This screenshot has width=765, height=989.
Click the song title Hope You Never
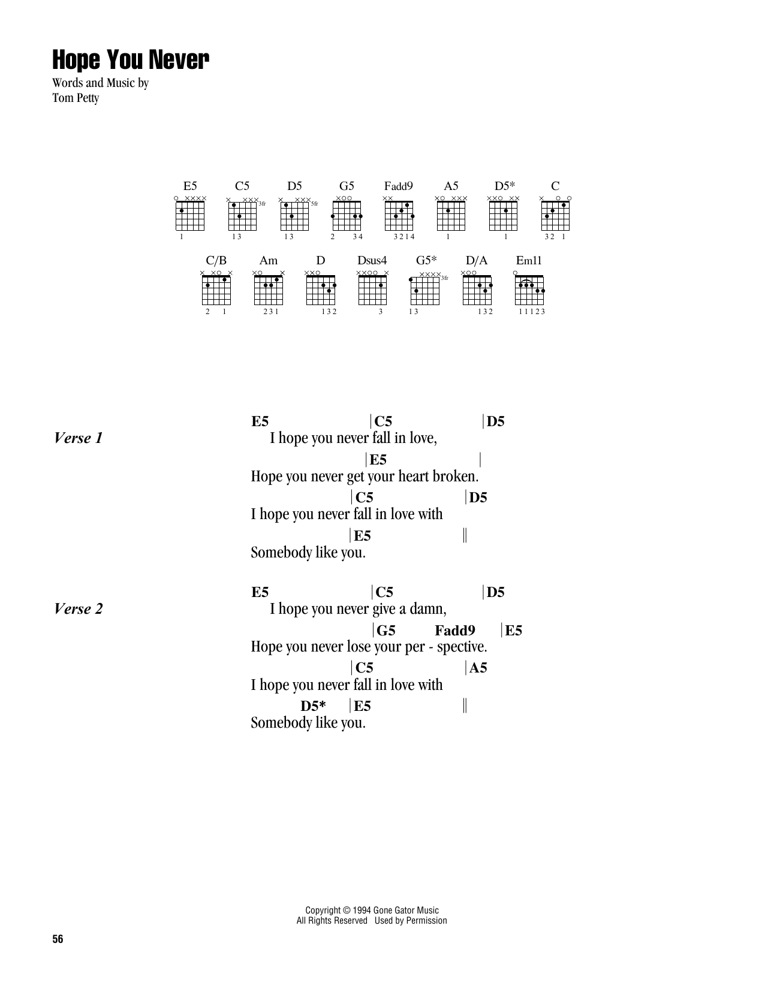[131, 61]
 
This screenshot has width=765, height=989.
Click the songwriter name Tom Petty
[76, 98]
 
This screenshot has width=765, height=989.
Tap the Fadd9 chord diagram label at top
[398, 186]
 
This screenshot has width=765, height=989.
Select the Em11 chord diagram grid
[529, 290]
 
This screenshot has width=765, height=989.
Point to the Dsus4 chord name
[372, 261]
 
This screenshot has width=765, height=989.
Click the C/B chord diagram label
[216, 261]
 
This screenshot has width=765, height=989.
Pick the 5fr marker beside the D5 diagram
[314, 204]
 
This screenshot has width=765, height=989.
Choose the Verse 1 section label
[78, 438]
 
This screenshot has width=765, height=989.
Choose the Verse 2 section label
[78, 609]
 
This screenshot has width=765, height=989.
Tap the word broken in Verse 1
[459, 477]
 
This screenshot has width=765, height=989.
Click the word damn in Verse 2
[430, 609]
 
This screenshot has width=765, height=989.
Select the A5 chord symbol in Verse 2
[478, 668]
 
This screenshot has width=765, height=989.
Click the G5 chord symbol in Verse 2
[386, 631]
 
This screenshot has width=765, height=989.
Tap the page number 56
[58, 940]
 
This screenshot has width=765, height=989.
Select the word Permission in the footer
[426, 921]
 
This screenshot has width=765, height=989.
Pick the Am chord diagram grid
[268, 290]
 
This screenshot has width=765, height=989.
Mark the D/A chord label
[477, 261]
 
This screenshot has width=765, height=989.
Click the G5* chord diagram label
[426, 261]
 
